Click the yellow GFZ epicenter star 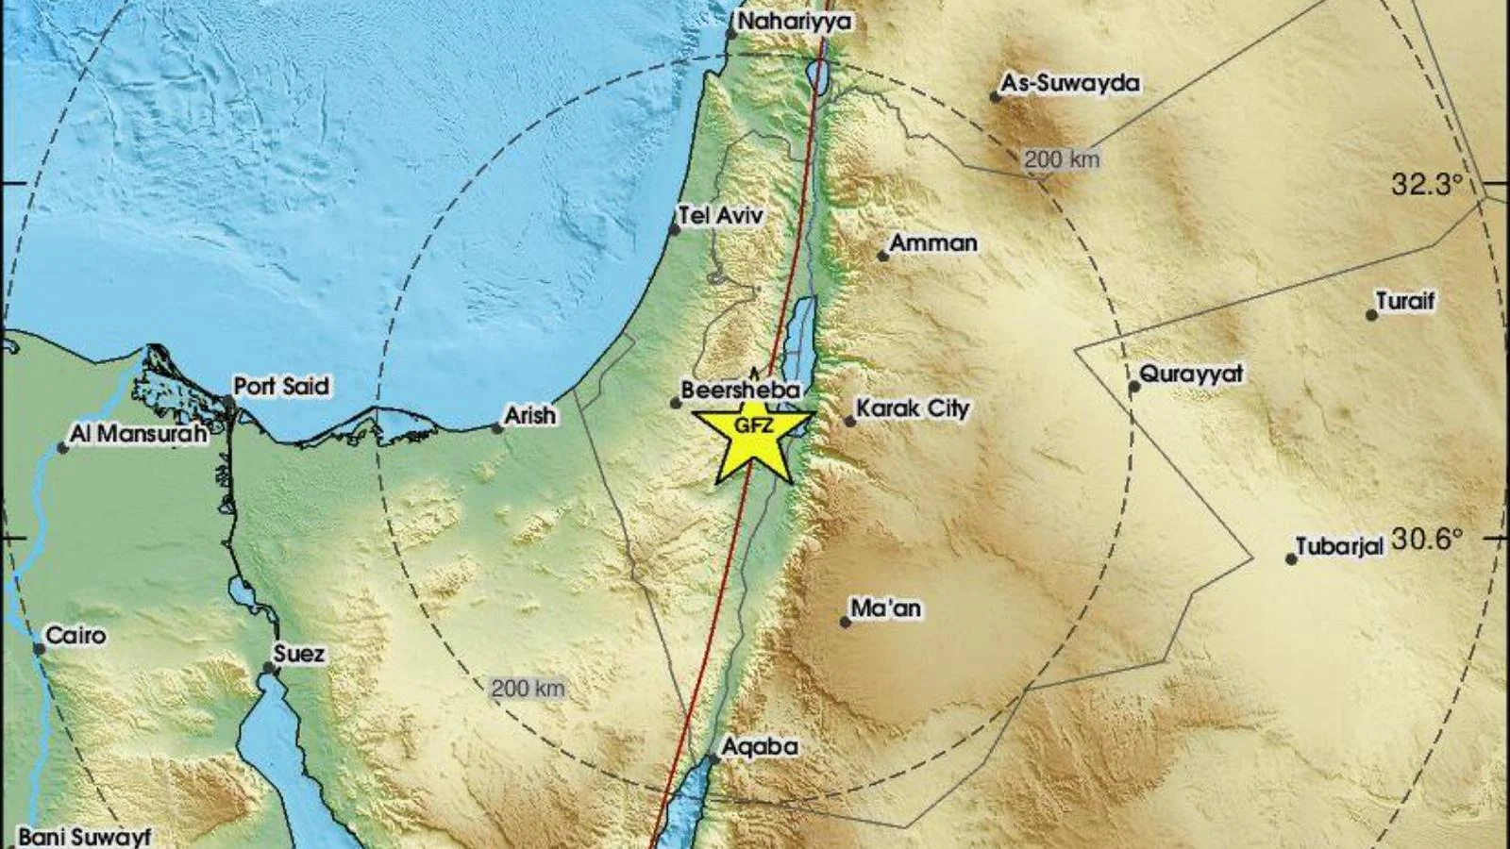point(753,436)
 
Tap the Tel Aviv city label point(721,216)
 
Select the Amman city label point(933,243)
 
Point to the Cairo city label point(75,636)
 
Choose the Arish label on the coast point(530,415)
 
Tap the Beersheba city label point(740,390)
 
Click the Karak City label point(912,408)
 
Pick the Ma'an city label point(885,608)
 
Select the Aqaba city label point(759,747)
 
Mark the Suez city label point(298,654)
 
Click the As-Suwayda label point(1069,84)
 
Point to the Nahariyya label point(794,21)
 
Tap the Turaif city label point(1404,302)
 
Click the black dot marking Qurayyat point(1134,386)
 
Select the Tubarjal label point(1338,547)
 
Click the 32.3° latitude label point(1426,185)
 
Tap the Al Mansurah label point(138,434)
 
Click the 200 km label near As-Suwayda point(1062,159)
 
